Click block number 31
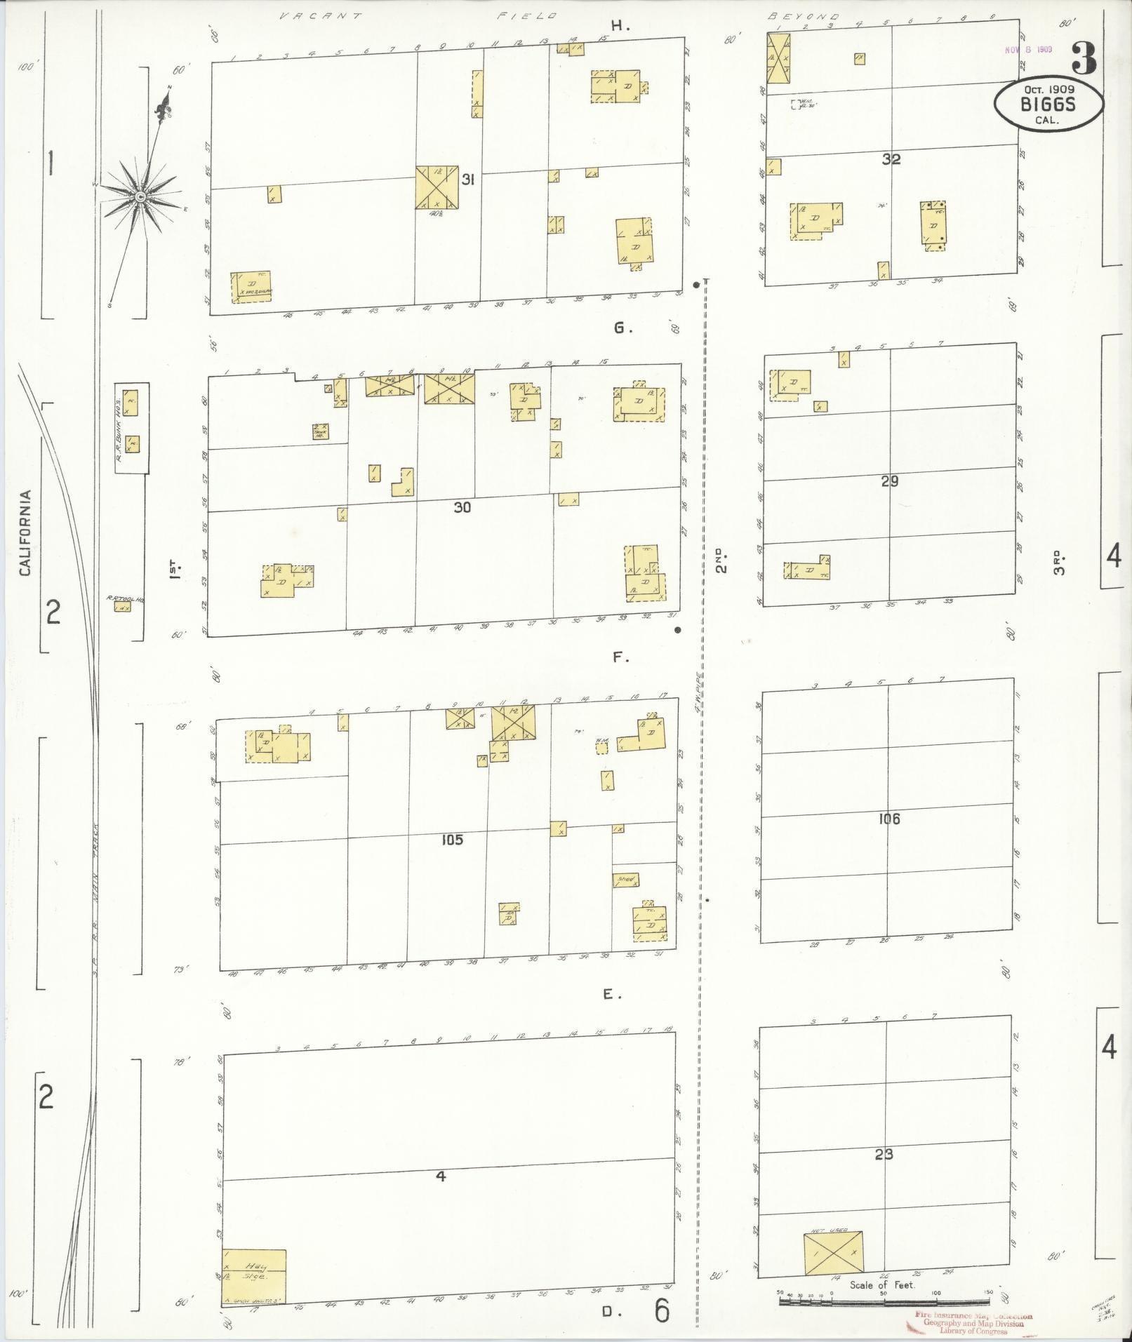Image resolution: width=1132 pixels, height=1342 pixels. (468, 180)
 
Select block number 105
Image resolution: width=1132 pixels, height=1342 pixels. (452, 839)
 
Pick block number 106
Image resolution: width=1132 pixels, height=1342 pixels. (888, 818)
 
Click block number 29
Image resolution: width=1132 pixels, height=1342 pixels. (890, 481)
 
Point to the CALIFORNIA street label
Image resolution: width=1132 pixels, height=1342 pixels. (26, 533)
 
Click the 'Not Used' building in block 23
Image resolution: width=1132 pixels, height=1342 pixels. (834, 1253)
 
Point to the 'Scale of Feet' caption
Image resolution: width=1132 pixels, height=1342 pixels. (882, 1285)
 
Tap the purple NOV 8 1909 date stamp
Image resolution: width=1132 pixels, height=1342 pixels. (1027, 51)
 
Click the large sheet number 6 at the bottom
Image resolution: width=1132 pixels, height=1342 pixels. (661, 1310)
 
